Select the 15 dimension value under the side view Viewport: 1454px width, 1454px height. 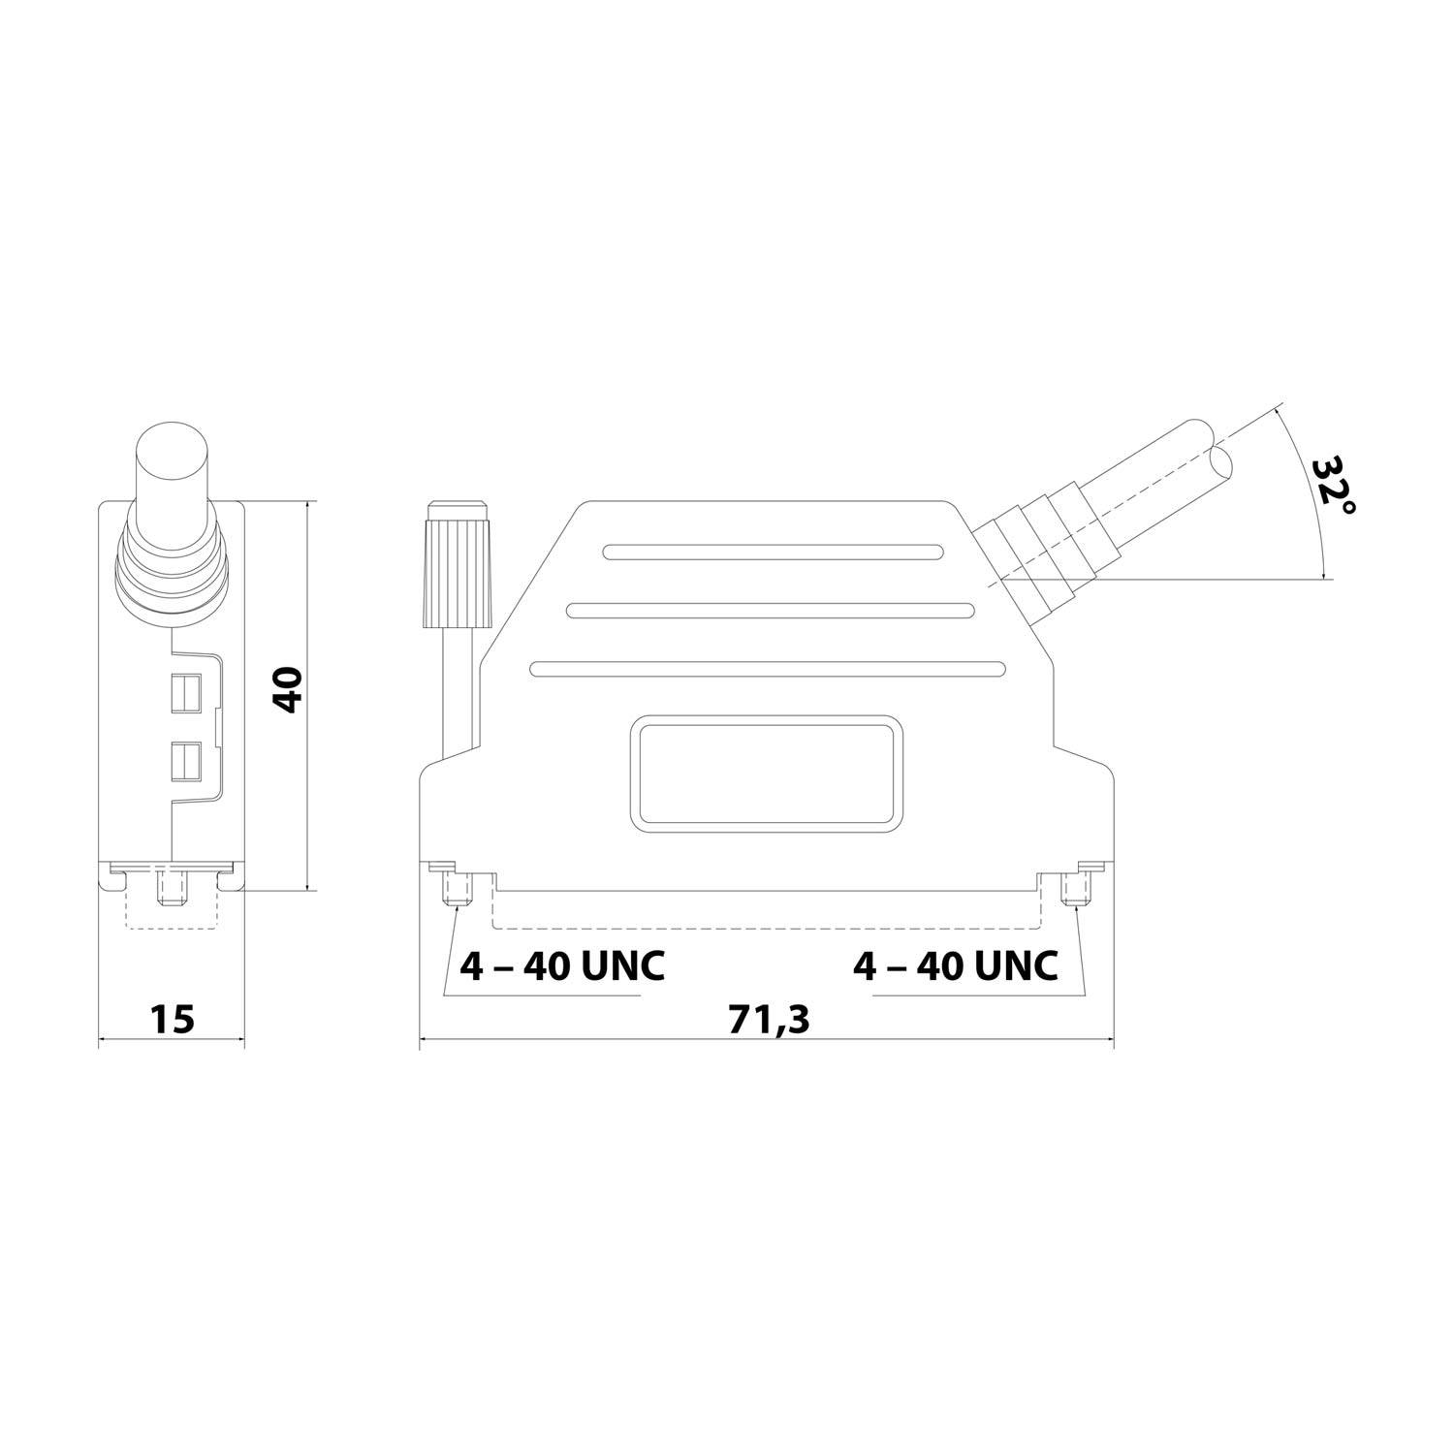[x=173, y=1020]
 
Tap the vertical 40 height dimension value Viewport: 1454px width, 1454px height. [x=288, y=689]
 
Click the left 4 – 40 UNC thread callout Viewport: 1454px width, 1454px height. [x=562, y=965]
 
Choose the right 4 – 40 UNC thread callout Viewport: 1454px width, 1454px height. [x=955, y=965]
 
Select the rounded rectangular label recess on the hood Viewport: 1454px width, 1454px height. [x=766, y=774]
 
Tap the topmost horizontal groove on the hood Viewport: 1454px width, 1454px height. [x=773, y=553]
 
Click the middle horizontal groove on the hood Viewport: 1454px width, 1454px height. [x=771, y=611]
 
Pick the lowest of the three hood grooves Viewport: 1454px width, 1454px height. [x=768, y=669]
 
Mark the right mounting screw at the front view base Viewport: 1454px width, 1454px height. [x=1074, y=888]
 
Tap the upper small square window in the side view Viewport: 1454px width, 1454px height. [x=184, y=694]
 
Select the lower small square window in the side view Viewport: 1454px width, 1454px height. [x=184, y=761]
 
